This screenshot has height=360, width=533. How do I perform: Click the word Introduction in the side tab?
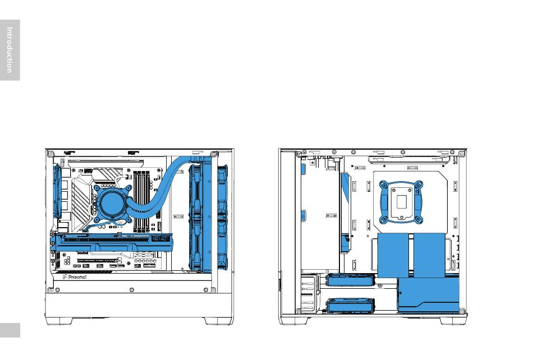pyautogui.click(x=10, y=50)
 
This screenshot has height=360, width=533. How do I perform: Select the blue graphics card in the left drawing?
pyautogui.click(x=112, y=242)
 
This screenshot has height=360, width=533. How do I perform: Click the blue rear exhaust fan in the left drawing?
pyautogui.click(x=57, y=191)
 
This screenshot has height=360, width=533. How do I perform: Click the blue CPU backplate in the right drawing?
pyautogui.click(x=401, y=202)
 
